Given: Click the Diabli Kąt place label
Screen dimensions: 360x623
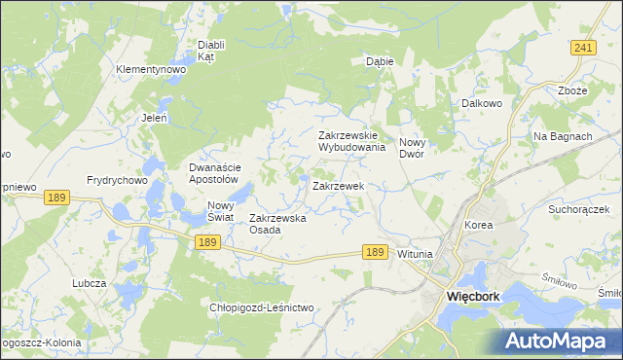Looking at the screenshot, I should [211, 51].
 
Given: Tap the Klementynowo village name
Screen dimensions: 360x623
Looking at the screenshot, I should [150, 70].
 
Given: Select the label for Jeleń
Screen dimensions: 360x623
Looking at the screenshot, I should [154, 118].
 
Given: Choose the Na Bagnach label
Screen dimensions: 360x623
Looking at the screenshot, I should [563, 136].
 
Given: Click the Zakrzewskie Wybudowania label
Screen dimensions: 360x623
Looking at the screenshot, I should [352, 142].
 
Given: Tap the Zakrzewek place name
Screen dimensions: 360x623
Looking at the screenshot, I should [338, 185].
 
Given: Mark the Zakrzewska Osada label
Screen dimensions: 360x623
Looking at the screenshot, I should [278, 224].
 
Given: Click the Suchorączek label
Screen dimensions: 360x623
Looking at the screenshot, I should [578, 209].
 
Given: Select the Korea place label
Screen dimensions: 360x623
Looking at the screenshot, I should [478, 225].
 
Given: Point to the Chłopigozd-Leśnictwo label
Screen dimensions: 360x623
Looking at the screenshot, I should [262, 307].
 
